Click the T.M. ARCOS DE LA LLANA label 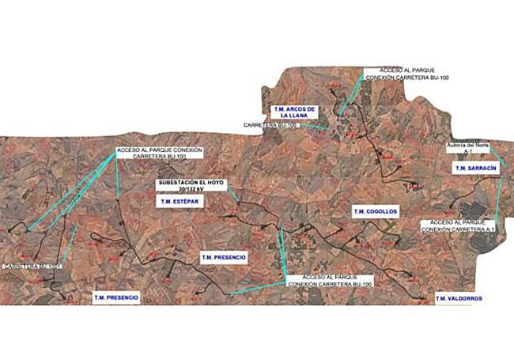pos(293,112)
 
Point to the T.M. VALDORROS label pos(458,298)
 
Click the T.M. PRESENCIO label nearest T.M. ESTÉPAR pos(225,257)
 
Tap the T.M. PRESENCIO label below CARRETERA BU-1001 pos(116,297)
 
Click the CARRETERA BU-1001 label pos(32,267)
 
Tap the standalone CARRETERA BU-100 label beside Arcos pos(270,126)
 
